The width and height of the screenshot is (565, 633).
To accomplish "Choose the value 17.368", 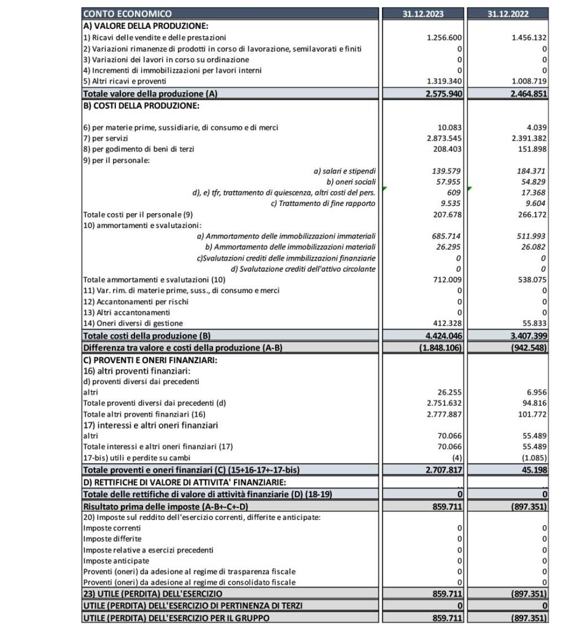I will point(532,192).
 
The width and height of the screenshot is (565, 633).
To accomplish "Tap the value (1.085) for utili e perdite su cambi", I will point(532,457).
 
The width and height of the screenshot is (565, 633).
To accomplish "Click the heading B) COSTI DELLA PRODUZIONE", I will point(141,106).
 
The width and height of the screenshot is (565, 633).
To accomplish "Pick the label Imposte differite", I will point(107,538).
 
